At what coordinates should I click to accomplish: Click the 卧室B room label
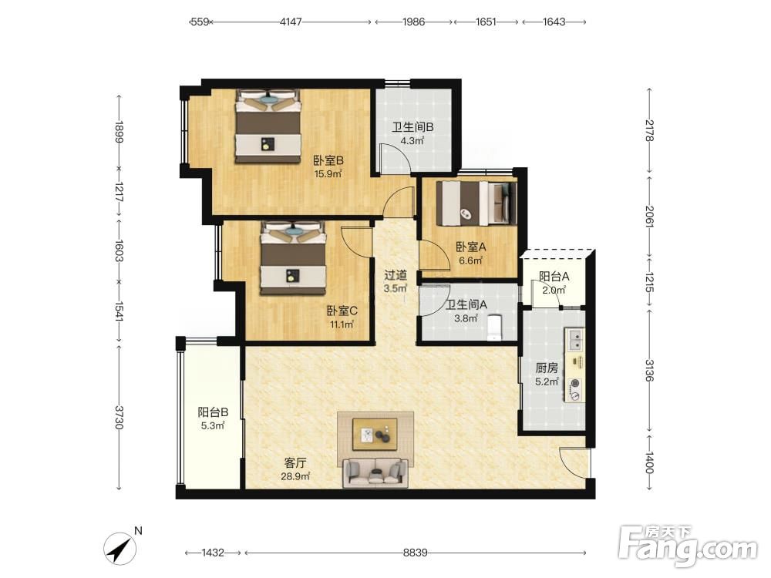[x=328, y=161]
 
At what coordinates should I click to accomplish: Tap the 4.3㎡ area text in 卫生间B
[x=412, y=140]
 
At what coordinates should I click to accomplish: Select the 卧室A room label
[x=470, y=247]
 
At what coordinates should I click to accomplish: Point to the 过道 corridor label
[x=396, y=275]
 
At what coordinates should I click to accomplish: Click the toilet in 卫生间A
[x=493, y=328]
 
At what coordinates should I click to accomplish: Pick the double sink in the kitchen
[x=574, y=340]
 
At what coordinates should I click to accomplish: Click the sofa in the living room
[x=375, y=472]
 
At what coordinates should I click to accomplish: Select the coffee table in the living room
[x=375, y=434]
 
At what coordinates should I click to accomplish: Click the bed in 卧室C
[x=293, y=258]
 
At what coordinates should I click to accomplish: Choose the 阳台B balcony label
[x=213, y=412]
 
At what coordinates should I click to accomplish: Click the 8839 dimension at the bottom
[x=415, y=553]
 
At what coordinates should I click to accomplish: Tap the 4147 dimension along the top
[x=291, y=22]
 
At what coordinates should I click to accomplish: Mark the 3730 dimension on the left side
[x=119, y=417]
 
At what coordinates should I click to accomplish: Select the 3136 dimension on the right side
[x=649, y=371]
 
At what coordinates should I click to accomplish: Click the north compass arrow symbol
[x=120, y=549]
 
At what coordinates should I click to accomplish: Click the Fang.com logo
[x=688, y=546]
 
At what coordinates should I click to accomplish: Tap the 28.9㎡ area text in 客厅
[x=295, y=476]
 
